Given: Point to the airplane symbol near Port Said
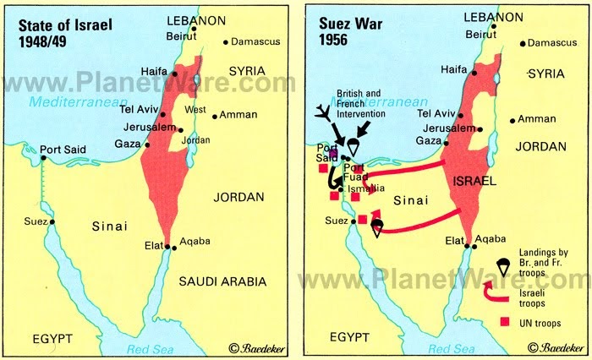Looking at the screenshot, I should (321, 115).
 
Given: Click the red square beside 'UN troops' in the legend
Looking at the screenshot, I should (506, 321).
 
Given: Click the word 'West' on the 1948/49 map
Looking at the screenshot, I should (195, 110).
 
